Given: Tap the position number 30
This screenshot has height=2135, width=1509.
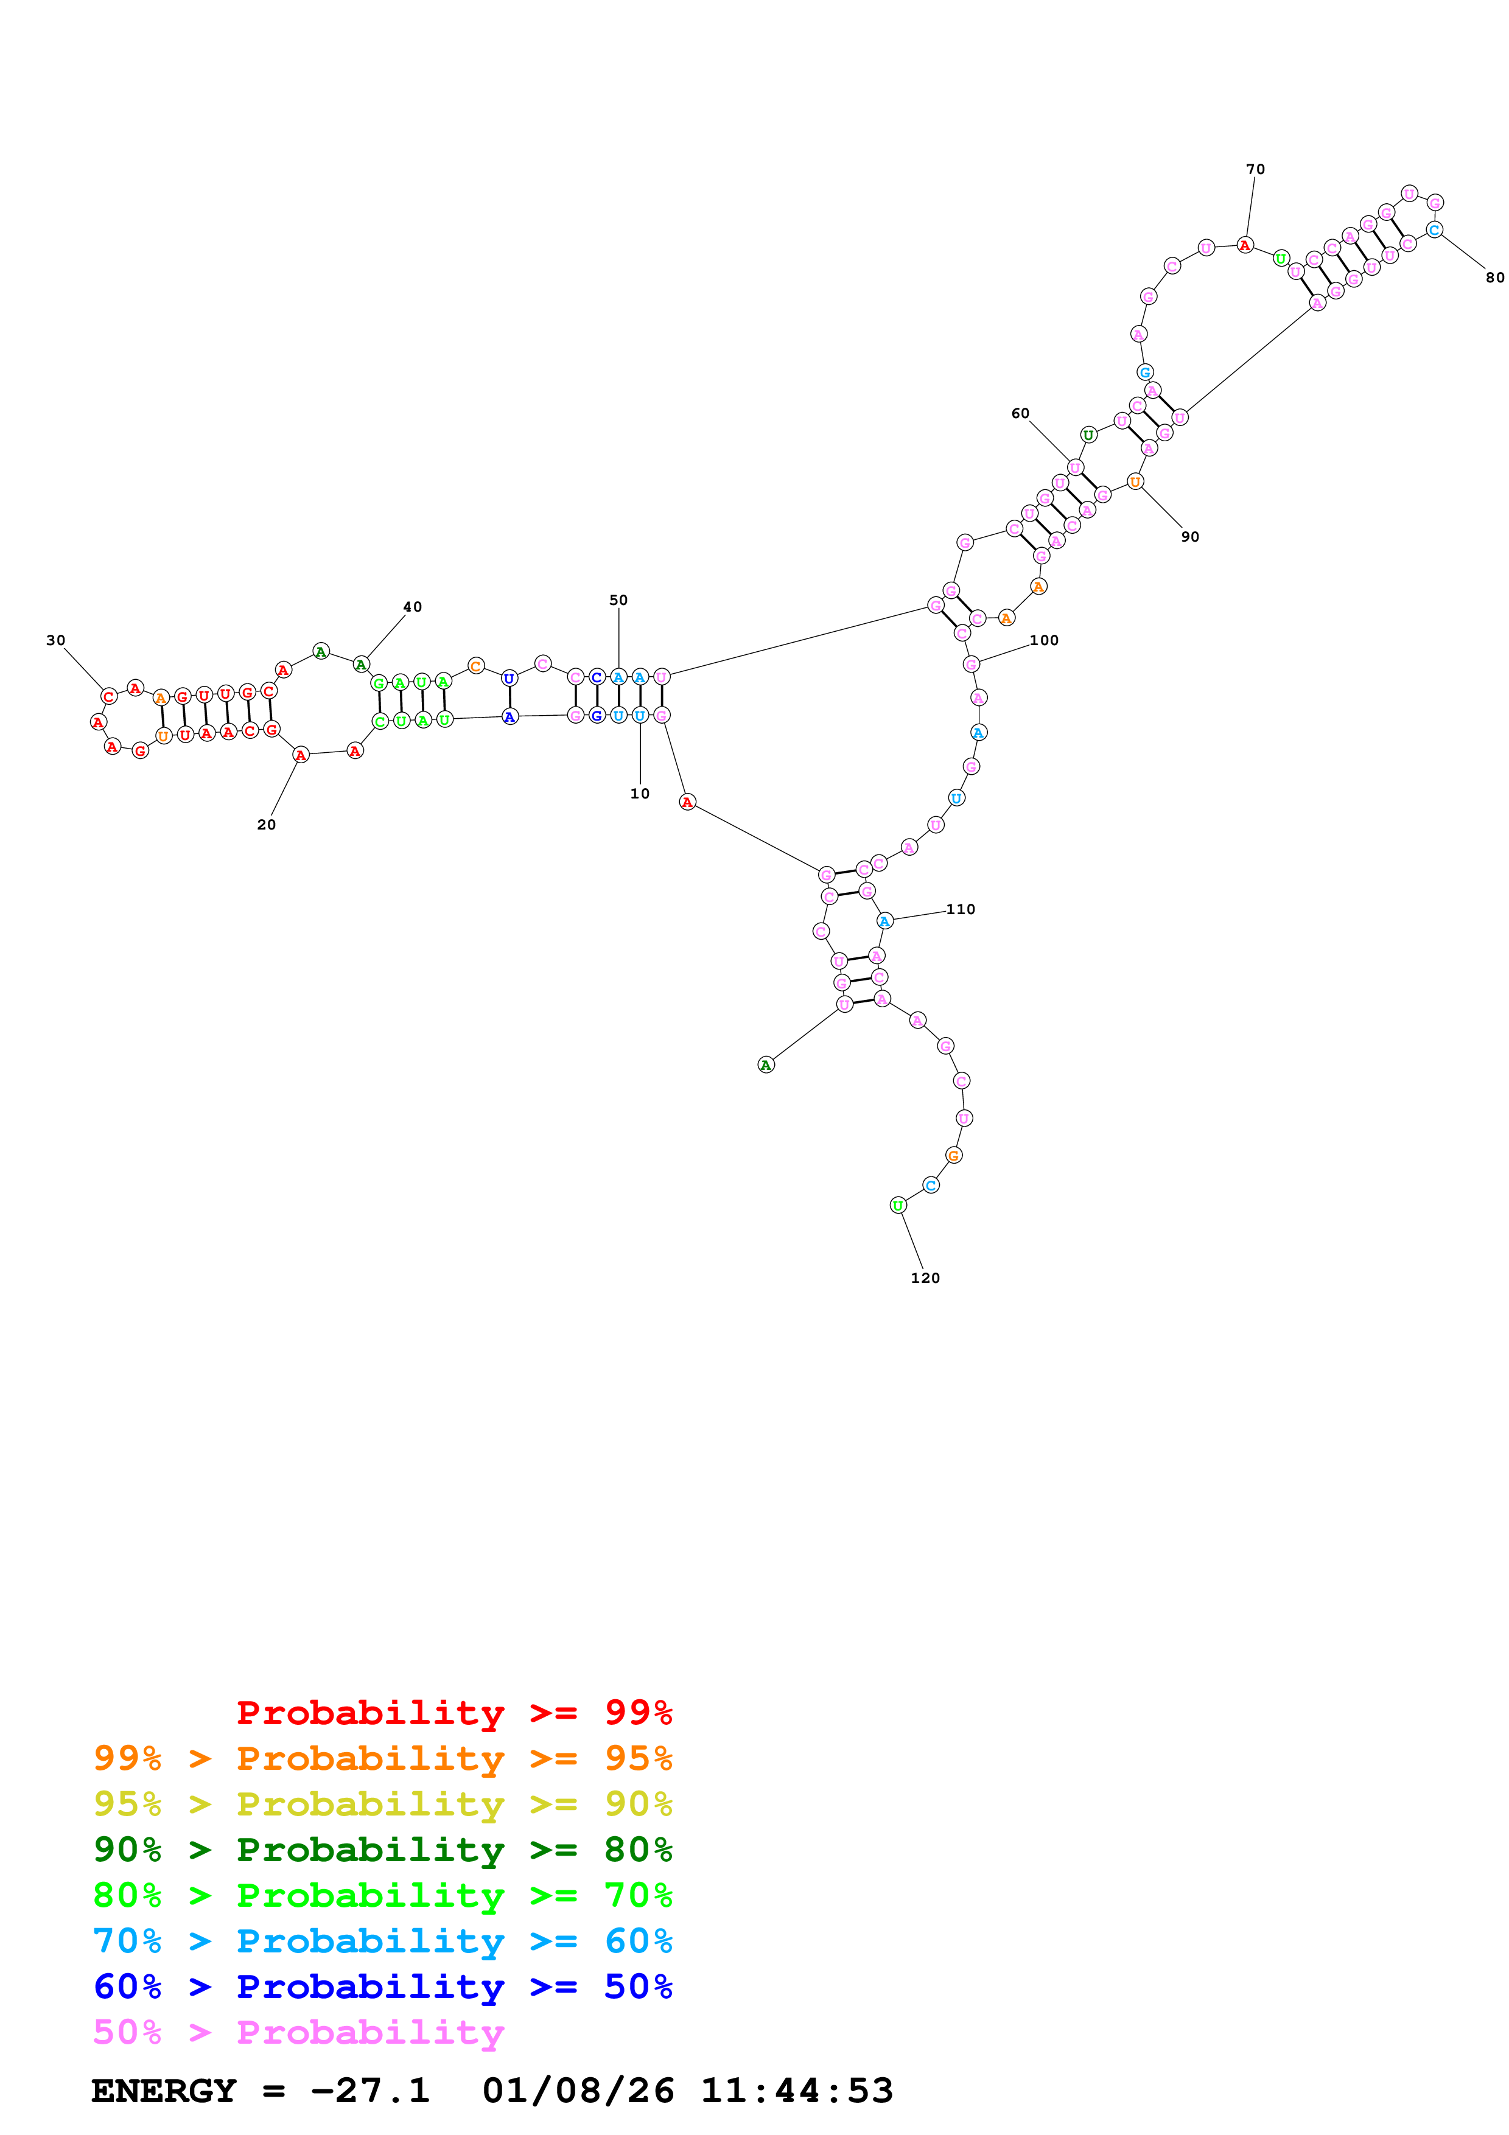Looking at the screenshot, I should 56,640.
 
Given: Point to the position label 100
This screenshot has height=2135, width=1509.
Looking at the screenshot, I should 1043,640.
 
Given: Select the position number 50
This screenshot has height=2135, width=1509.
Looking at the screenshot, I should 618,599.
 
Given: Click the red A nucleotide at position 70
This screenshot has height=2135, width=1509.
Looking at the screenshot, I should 1245,245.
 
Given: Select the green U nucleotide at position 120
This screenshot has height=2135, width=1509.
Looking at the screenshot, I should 897,1205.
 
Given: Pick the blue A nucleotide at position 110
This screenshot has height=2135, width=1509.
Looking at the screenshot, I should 884,921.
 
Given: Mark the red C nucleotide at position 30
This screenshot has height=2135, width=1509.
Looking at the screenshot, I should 109,696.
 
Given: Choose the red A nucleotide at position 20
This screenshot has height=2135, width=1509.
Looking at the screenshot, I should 300,755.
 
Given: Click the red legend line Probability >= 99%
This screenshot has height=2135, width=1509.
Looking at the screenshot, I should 453,1712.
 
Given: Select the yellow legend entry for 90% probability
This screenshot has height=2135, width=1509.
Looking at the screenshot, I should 383,1803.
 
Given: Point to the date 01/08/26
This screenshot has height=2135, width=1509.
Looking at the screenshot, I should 578,2091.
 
